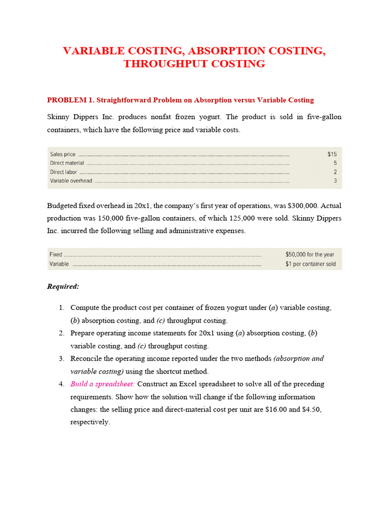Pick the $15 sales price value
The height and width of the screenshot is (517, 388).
click(331, 154)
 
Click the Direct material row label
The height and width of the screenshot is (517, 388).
click(67, 163)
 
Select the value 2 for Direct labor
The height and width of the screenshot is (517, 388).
click(334, 172)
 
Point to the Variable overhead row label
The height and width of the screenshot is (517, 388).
click(71, 181)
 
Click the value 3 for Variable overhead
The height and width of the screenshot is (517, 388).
click(334, 181)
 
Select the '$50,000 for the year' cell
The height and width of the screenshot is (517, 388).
click(309, 255)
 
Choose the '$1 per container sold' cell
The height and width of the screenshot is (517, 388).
click(310, 264)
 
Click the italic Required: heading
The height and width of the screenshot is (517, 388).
click(63, 286)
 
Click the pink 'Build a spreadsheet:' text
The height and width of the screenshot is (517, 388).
click(103, 384)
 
